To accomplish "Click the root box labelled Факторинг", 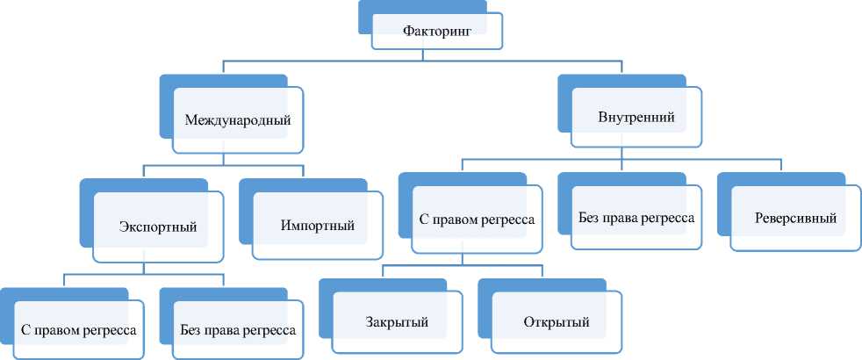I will click(x=437, y=32).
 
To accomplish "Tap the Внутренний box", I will click(x=636, y=117).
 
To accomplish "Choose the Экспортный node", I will click(x=158, y=227).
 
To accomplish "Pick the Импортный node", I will click(x=318, y=227).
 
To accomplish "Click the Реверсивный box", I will click(x=795, y=217).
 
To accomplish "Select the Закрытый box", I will click(x=397, y=321).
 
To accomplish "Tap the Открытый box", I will click(x=557, y=321).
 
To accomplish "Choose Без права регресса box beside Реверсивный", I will click(x=636, y=217).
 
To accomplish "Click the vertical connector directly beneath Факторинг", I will click(x=425, y=55).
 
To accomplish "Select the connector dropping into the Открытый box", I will click(x=542, y=270).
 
